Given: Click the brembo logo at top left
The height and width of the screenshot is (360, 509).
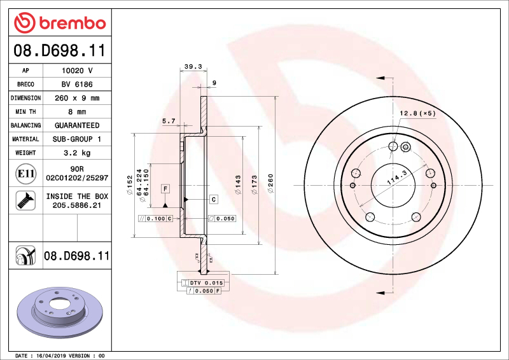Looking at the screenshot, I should (60, 24).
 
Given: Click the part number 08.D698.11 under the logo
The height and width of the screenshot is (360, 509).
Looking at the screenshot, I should (60, 50).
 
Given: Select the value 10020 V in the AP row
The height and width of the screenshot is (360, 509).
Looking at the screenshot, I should (76, 71).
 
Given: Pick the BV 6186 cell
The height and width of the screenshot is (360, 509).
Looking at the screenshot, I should (76, 84).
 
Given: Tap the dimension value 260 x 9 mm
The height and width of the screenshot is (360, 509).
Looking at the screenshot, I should (76, 98).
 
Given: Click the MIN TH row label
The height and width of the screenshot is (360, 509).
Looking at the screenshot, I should (26, 112).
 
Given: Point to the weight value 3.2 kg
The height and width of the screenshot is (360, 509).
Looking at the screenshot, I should (76, 153).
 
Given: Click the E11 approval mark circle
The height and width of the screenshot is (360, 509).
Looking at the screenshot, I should (25, 173).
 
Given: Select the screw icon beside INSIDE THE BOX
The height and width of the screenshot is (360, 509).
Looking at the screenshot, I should (25, 201).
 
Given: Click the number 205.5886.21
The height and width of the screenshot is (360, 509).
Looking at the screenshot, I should (76, 205).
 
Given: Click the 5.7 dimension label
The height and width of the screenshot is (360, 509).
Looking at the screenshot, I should (169, 120).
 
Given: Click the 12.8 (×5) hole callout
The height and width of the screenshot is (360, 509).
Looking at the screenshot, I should (417, 113).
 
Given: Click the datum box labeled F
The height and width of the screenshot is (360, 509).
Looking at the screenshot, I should (165, 188).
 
